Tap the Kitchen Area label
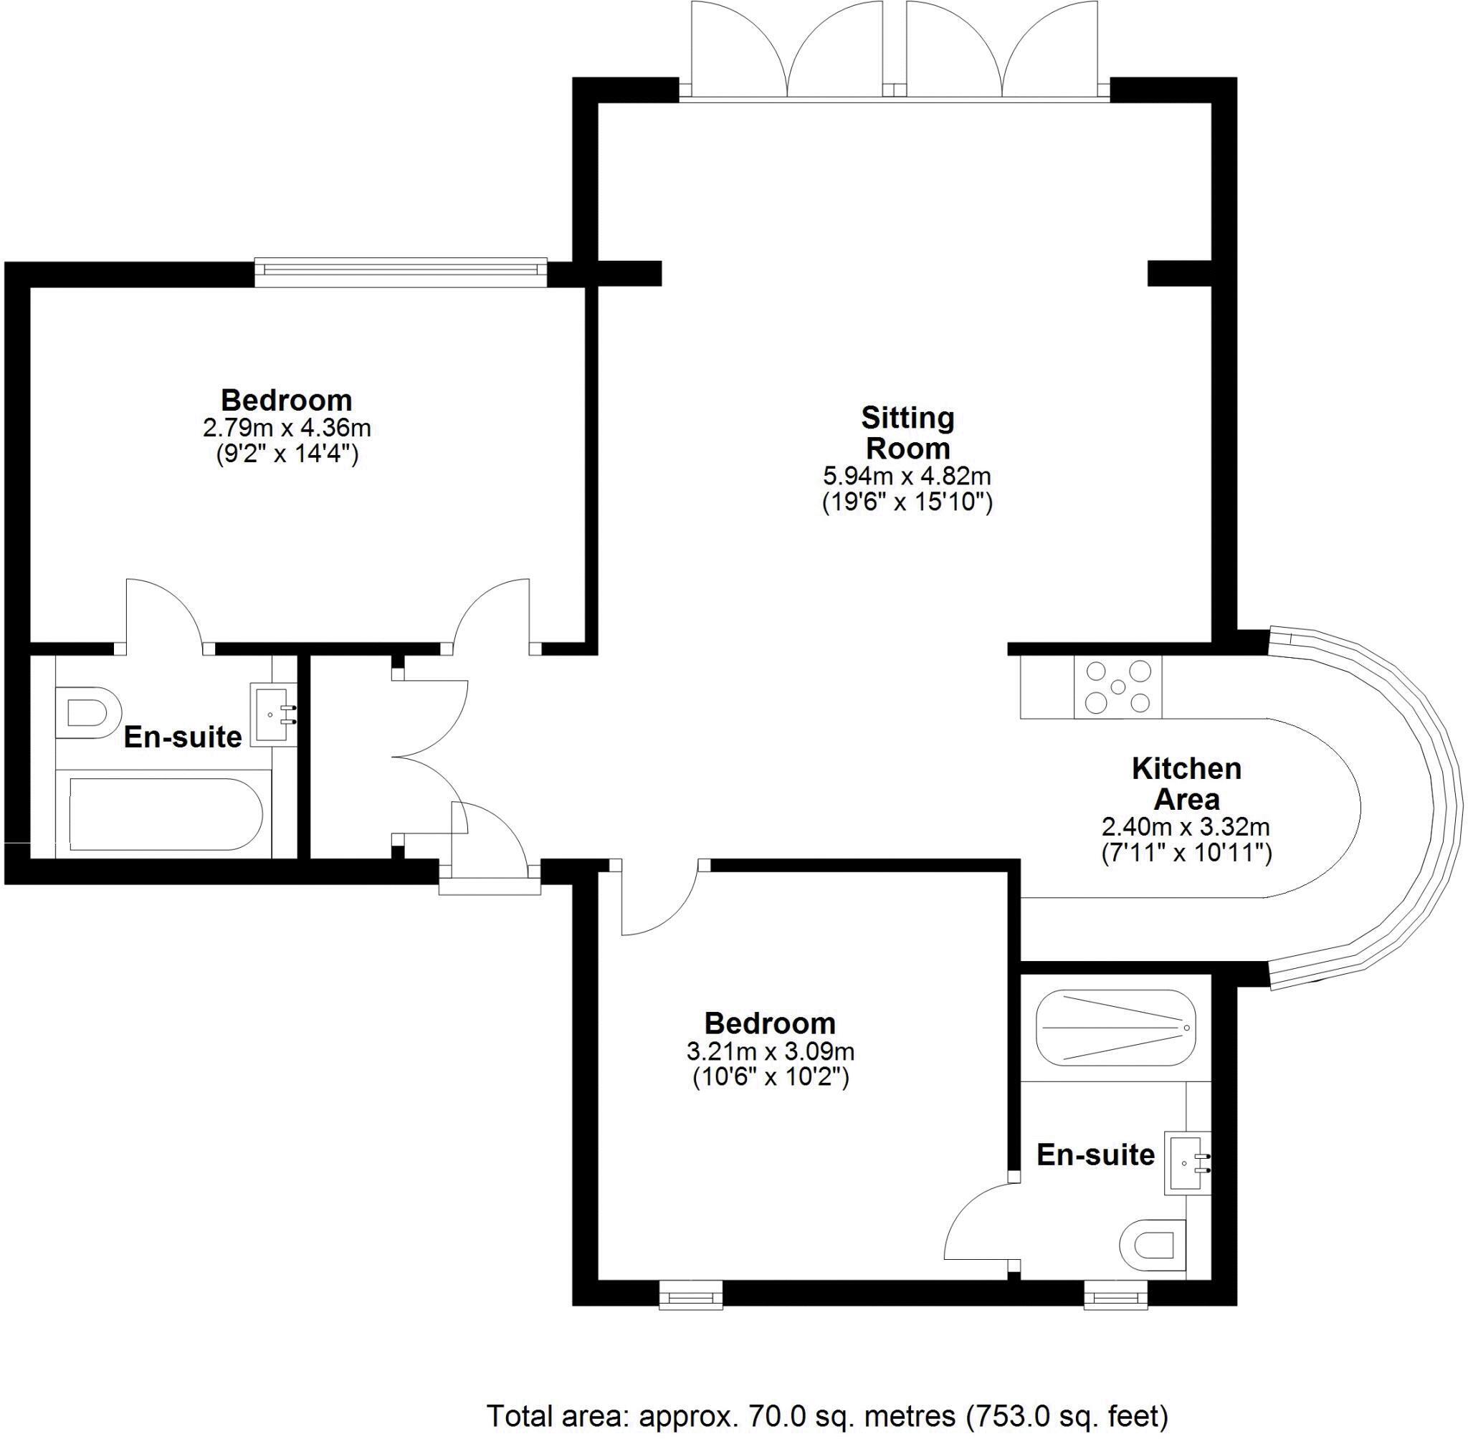(x=1186, y=783)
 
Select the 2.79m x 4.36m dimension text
(x=287, y=428)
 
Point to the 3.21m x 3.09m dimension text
(x=771, y=1051)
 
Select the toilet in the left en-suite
(x=88, y=713)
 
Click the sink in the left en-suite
(x=274, y=714)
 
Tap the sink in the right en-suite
(x=1187, y=1163)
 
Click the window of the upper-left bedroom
(x=401, y=272)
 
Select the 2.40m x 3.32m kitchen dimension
(x=1186, y=827)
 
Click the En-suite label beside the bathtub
(x=182, y=737)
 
